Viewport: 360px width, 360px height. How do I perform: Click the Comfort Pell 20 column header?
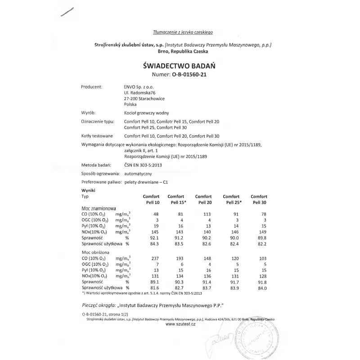tap(203, 199)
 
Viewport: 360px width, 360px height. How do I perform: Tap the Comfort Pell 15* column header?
tap(176, 199)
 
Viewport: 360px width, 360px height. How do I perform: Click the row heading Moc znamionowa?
tap(99, 209)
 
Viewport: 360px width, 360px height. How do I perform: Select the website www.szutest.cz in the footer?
tap(180, 324)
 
